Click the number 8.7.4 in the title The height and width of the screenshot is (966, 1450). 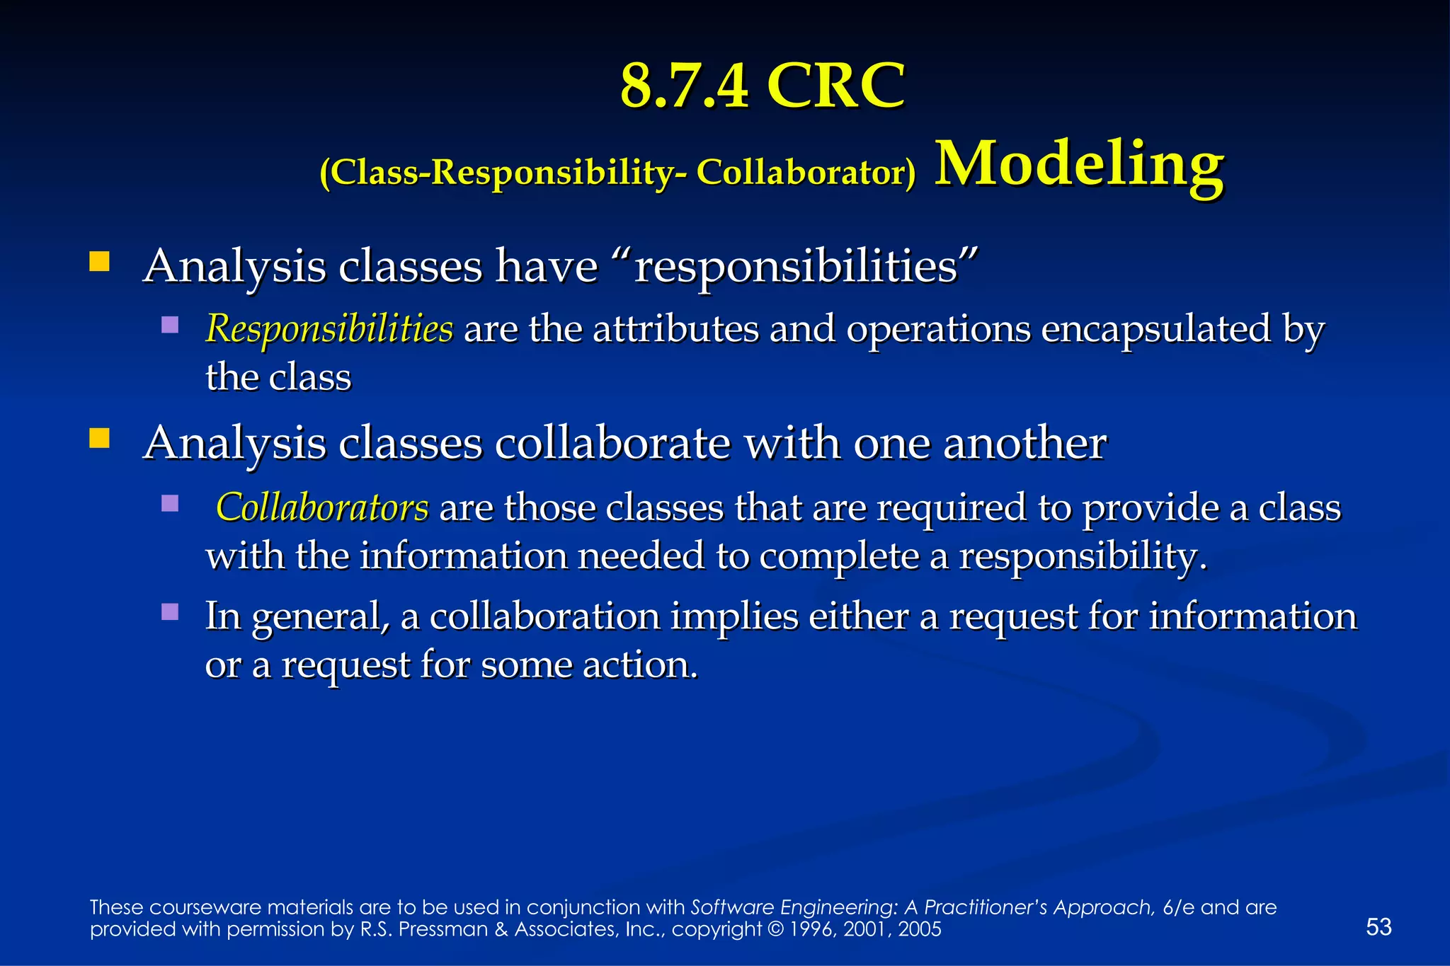pyautogui.click(x=684, y=86)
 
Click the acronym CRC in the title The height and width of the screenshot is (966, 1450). pyautogui.click(x=835, y=86)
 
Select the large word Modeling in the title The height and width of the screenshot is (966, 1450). pyautogui.click(x=1079, y=164)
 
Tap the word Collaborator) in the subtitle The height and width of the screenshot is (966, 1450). pyautogui.click(x=806, y=172)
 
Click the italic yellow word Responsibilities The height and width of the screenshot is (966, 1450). pyautogui.click(x=329, y=329)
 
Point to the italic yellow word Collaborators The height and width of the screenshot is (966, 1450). pyautogui.click(x=322, y=507)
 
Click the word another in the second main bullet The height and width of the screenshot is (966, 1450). pyautogui.click(x=1024, y=444)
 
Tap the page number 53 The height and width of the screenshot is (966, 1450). pyautogui.click(x=1378, y=926)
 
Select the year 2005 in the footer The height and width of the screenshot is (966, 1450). pyautogui.click(x=920, y=929)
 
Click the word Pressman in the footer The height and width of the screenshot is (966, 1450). pyautogui.click(x=443, y=929)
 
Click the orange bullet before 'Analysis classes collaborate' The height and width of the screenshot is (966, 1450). pyautogui.click(x=99, y=439)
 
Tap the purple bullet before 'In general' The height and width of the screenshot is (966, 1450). pyautogui.click(x=170, y=611)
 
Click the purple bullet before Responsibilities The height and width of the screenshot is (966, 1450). pyautogui.click(x=170, y=325)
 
